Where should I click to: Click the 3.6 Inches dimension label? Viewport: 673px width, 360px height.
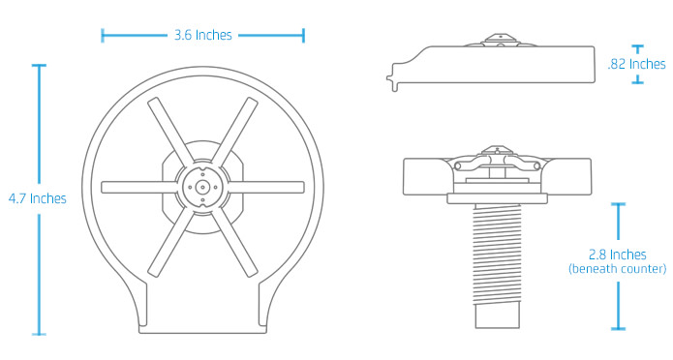click(x=202, y=36)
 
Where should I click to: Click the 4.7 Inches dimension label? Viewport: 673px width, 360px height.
click(x=37, y=198)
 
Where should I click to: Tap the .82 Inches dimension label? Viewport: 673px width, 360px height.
click(x=635, y=64)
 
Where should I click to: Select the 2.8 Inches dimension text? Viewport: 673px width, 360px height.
click(x=617, y=255)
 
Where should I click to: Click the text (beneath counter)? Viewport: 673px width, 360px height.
click(x=617, y=268)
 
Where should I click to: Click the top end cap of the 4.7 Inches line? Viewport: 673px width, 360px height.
click(x=39, y=65)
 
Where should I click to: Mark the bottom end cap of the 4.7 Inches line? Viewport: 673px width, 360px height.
click(x=39, y=334)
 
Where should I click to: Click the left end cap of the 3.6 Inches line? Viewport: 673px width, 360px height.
click(x=102, y=36)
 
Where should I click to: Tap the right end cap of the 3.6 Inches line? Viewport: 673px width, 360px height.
click(x=304, y=36)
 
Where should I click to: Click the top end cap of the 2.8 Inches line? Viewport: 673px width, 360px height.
click(x=617, y=204)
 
